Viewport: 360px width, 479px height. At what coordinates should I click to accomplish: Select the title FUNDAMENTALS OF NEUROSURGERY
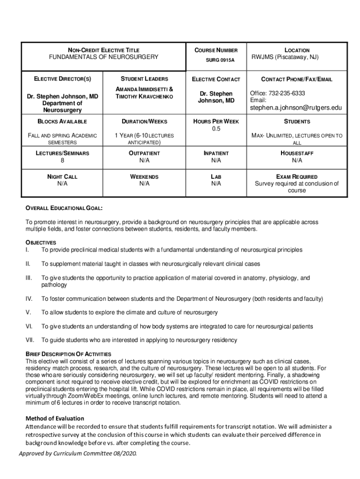[x=104, y=57]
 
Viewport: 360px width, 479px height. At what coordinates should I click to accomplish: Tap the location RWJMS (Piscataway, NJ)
[x=297, y=57]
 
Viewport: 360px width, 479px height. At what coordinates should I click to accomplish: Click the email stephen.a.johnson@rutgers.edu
[x=297, y=108]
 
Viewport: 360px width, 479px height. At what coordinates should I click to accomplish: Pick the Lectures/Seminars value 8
[x=62, y=160]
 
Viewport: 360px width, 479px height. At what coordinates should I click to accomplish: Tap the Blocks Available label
[x=62, y=122]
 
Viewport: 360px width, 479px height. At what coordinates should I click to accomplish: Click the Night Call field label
[x=62, y=177]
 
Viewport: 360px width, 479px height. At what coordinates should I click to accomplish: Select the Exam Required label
[x=297, y=177]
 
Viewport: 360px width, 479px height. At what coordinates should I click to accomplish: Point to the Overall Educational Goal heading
[x=64, y=208]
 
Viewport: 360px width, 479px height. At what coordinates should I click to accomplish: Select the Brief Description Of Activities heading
[x=68, y=354]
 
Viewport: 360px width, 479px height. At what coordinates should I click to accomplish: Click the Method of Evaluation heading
[x=55, y=418]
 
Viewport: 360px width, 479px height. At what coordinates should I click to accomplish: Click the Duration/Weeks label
[x=144, y=122]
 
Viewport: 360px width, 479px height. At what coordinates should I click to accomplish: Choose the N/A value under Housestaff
[x=297, y=160]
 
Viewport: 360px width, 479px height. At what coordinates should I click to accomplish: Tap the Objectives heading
[x=41, y=242]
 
